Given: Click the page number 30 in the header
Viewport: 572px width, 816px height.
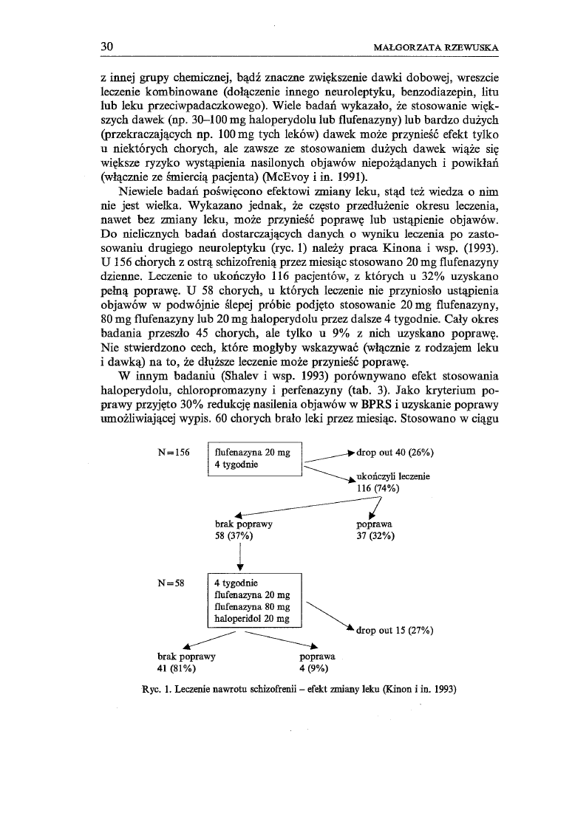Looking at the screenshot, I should pos(107,47).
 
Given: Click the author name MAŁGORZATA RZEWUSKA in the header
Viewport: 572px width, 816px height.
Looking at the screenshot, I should pos(437,48).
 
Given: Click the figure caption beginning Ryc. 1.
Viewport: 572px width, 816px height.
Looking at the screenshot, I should pos(299,690).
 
